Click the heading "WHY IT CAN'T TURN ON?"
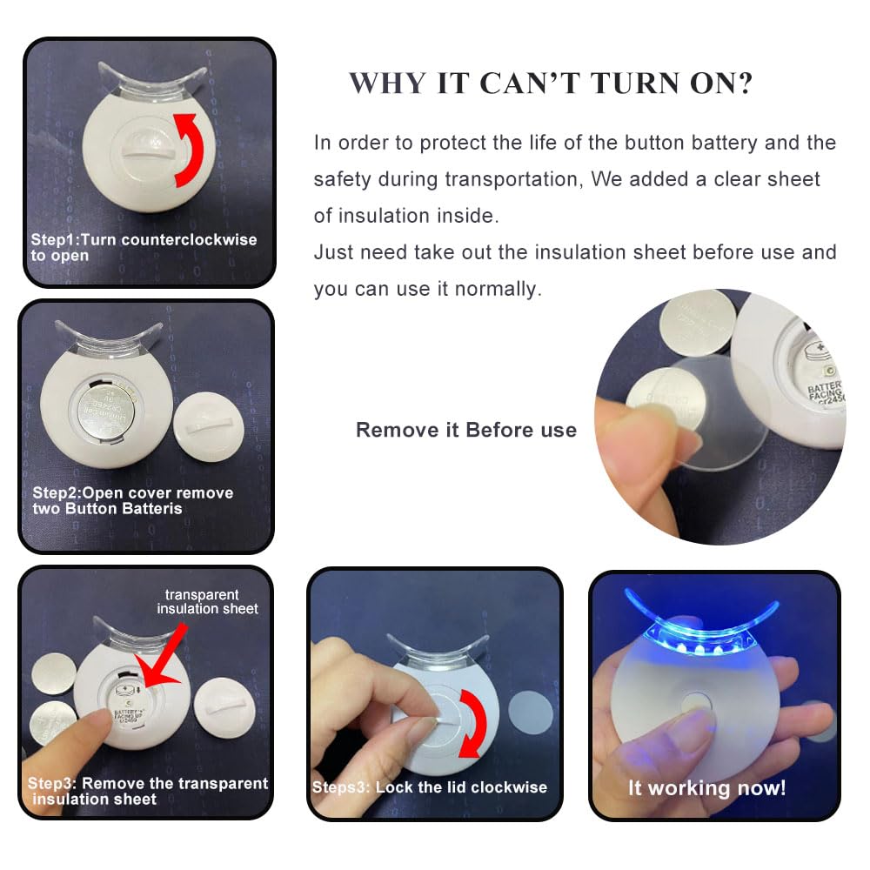[x=551, y=84]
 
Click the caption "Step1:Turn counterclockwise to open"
[x=144, y=247]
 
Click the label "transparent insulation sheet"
[x=207, y=602]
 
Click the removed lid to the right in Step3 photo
[x=224, y=706]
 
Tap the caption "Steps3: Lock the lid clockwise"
[x=430, y=787]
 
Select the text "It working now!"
[x=706, y=788]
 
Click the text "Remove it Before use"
[x=465, y=430]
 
